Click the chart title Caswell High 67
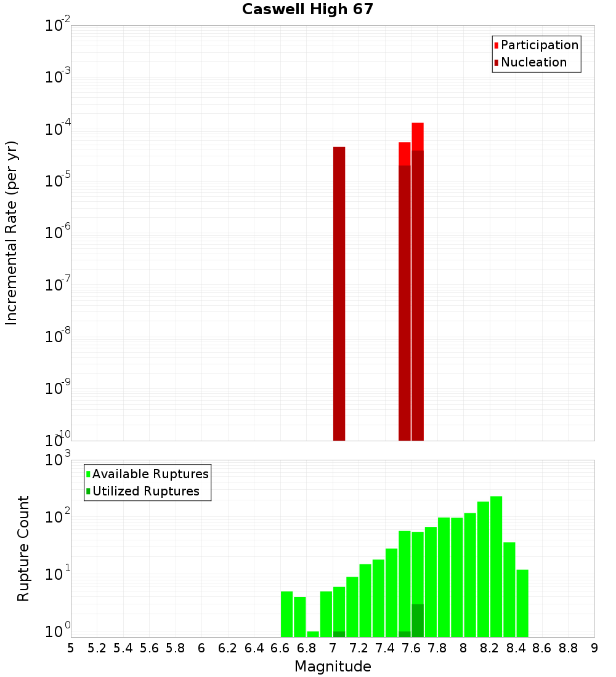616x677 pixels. (x=307, y=9)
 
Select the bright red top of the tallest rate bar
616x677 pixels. (x=418, y=136)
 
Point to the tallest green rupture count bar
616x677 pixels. (x=496, y=566)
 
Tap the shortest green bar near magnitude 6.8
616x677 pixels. (x=313, y=634)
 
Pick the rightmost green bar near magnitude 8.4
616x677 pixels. (x=522, y=603)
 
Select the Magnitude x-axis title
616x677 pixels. (x=333, y=667)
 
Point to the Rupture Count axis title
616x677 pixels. (x=23, y=548)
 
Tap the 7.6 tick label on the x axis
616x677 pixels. (x=411, y=647)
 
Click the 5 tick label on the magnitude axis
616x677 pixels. (x=71, y=647)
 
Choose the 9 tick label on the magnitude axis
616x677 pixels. (x=594, y=647)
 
